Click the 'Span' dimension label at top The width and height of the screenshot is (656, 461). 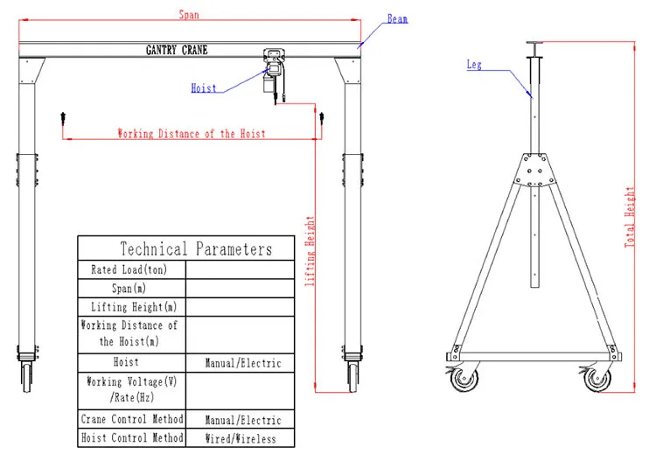pos(188,14)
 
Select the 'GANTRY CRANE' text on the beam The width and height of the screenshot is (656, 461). pos(177,50)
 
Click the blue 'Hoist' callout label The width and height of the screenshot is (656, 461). pos(203,87)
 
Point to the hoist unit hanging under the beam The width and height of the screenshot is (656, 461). pos(274,73)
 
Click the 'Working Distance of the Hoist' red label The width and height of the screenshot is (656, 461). pos(192,134)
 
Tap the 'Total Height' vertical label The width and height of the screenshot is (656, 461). pos(629,216)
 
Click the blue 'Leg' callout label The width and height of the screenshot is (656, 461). pos(473,65)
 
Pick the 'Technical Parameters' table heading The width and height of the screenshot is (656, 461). pos(196,249)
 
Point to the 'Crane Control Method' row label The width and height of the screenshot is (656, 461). pos(131,420)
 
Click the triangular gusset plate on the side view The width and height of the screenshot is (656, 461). pos(534,170)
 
